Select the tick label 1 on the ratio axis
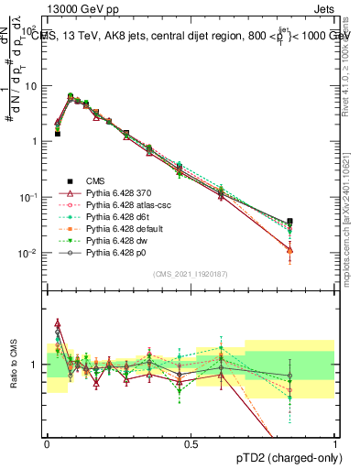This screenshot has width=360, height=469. tap(37, 365)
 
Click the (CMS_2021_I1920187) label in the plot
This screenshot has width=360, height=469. tap(191, 273)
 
